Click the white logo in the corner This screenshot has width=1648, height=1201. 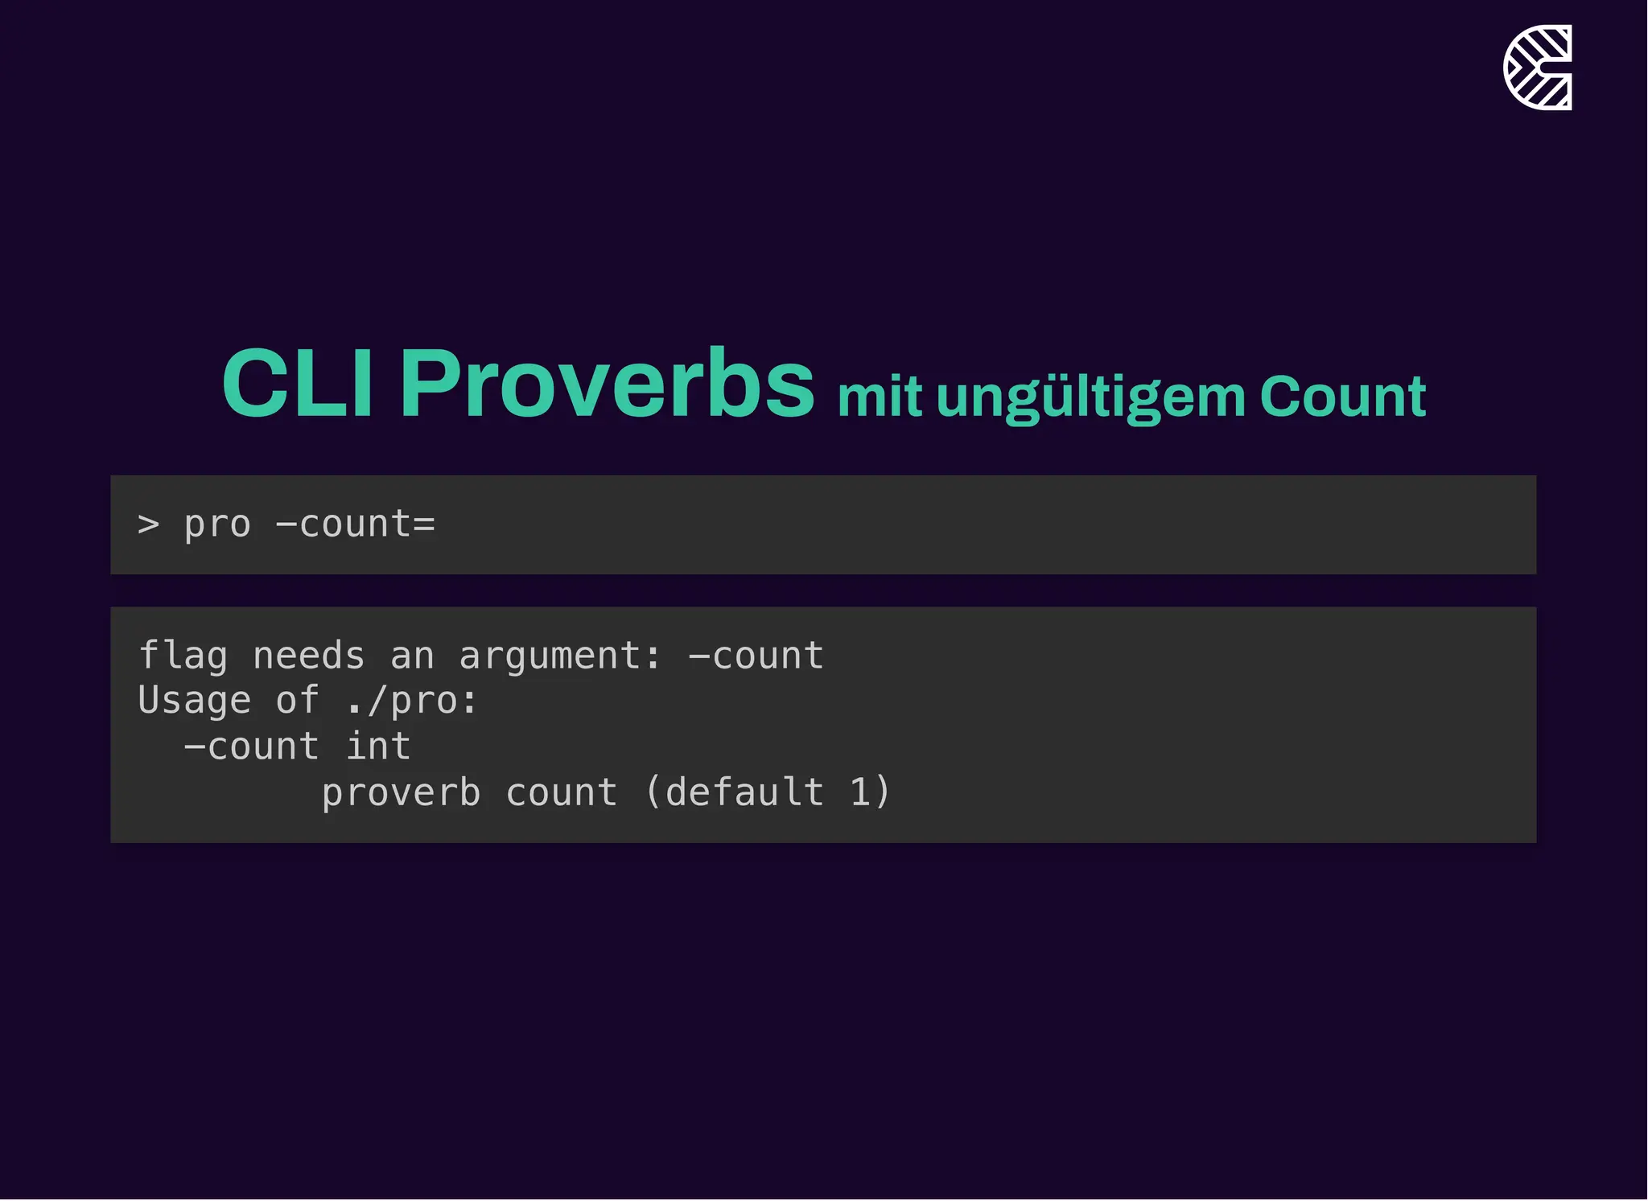click(x=1537, y=68)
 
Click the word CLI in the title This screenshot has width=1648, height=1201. click(x=297, y=384)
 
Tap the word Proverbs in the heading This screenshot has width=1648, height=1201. click(x=607, y=384)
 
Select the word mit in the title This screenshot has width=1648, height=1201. click(x=879, y=397)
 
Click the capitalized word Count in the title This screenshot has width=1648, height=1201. click(x=1342, y=397)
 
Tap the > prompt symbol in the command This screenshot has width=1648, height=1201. click(x=149, y=524)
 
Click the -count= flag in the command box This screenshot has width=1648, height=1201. click(x=355, y=524)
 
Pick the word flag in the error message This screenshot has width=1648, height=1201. click(x=183, y=656)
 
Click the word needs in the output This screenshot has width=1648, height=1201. click(x=309, y=656)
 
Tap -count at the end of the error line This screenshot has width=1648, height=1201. click(x=756, y=656)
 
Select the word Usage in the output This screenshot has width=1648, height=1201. click(x=194, y=701)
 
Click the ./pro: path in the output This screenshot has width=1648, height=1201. click(x=411, y=701)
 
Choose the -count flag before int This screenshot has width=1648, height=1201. click(x=251, y=747)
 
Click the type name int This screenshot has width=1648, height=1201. click(x=378, y=747)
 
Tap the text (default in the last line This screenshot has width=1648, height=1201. click(x=734, y=793)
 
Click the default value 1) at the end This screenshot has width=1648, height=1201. click(x=870, y=793)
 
